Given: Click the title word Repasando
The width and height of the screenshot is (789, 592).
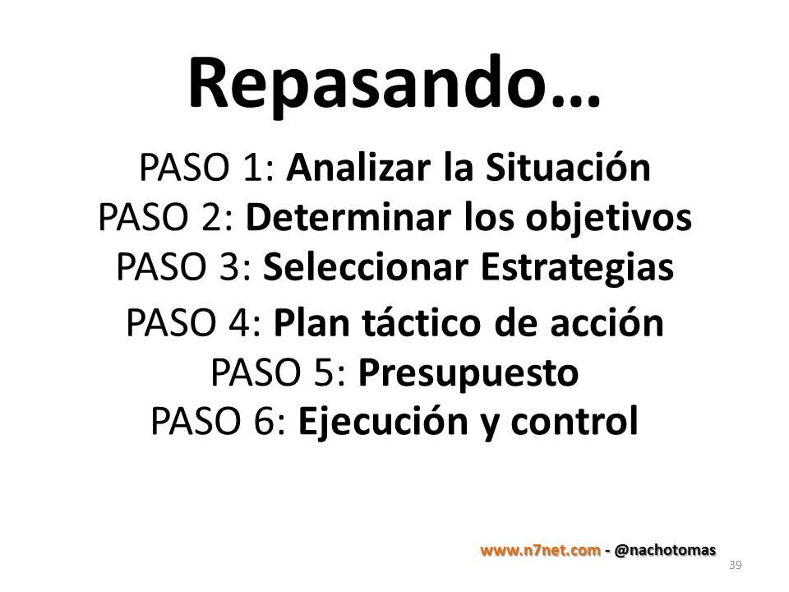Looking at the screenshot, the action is coord(368,86).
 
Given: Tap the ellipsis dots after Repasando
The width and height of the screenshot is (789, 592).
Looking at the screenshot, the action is coord(575,101).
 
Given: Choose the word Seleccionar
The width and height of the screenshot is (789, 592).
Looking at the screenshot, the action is coord(366,266).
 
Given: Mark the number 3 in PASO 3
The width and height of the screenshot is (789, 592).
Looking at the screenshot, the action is coord(230,266).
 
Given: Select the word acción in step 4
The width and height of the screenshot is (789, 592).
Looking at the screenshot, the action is coord(607,321).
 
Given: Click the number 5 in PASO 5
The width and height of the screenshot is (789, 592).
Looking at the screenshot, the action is coord(325,372).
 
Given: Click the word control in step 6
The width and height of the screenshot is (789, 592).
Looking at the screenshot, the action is coord(574,421).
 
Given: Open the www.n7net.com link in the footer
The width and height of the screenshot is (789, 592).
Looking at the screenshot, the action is coord(541,550).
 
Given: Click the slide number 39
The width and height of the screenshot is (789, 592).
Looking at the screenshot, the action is coord(735,565).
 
